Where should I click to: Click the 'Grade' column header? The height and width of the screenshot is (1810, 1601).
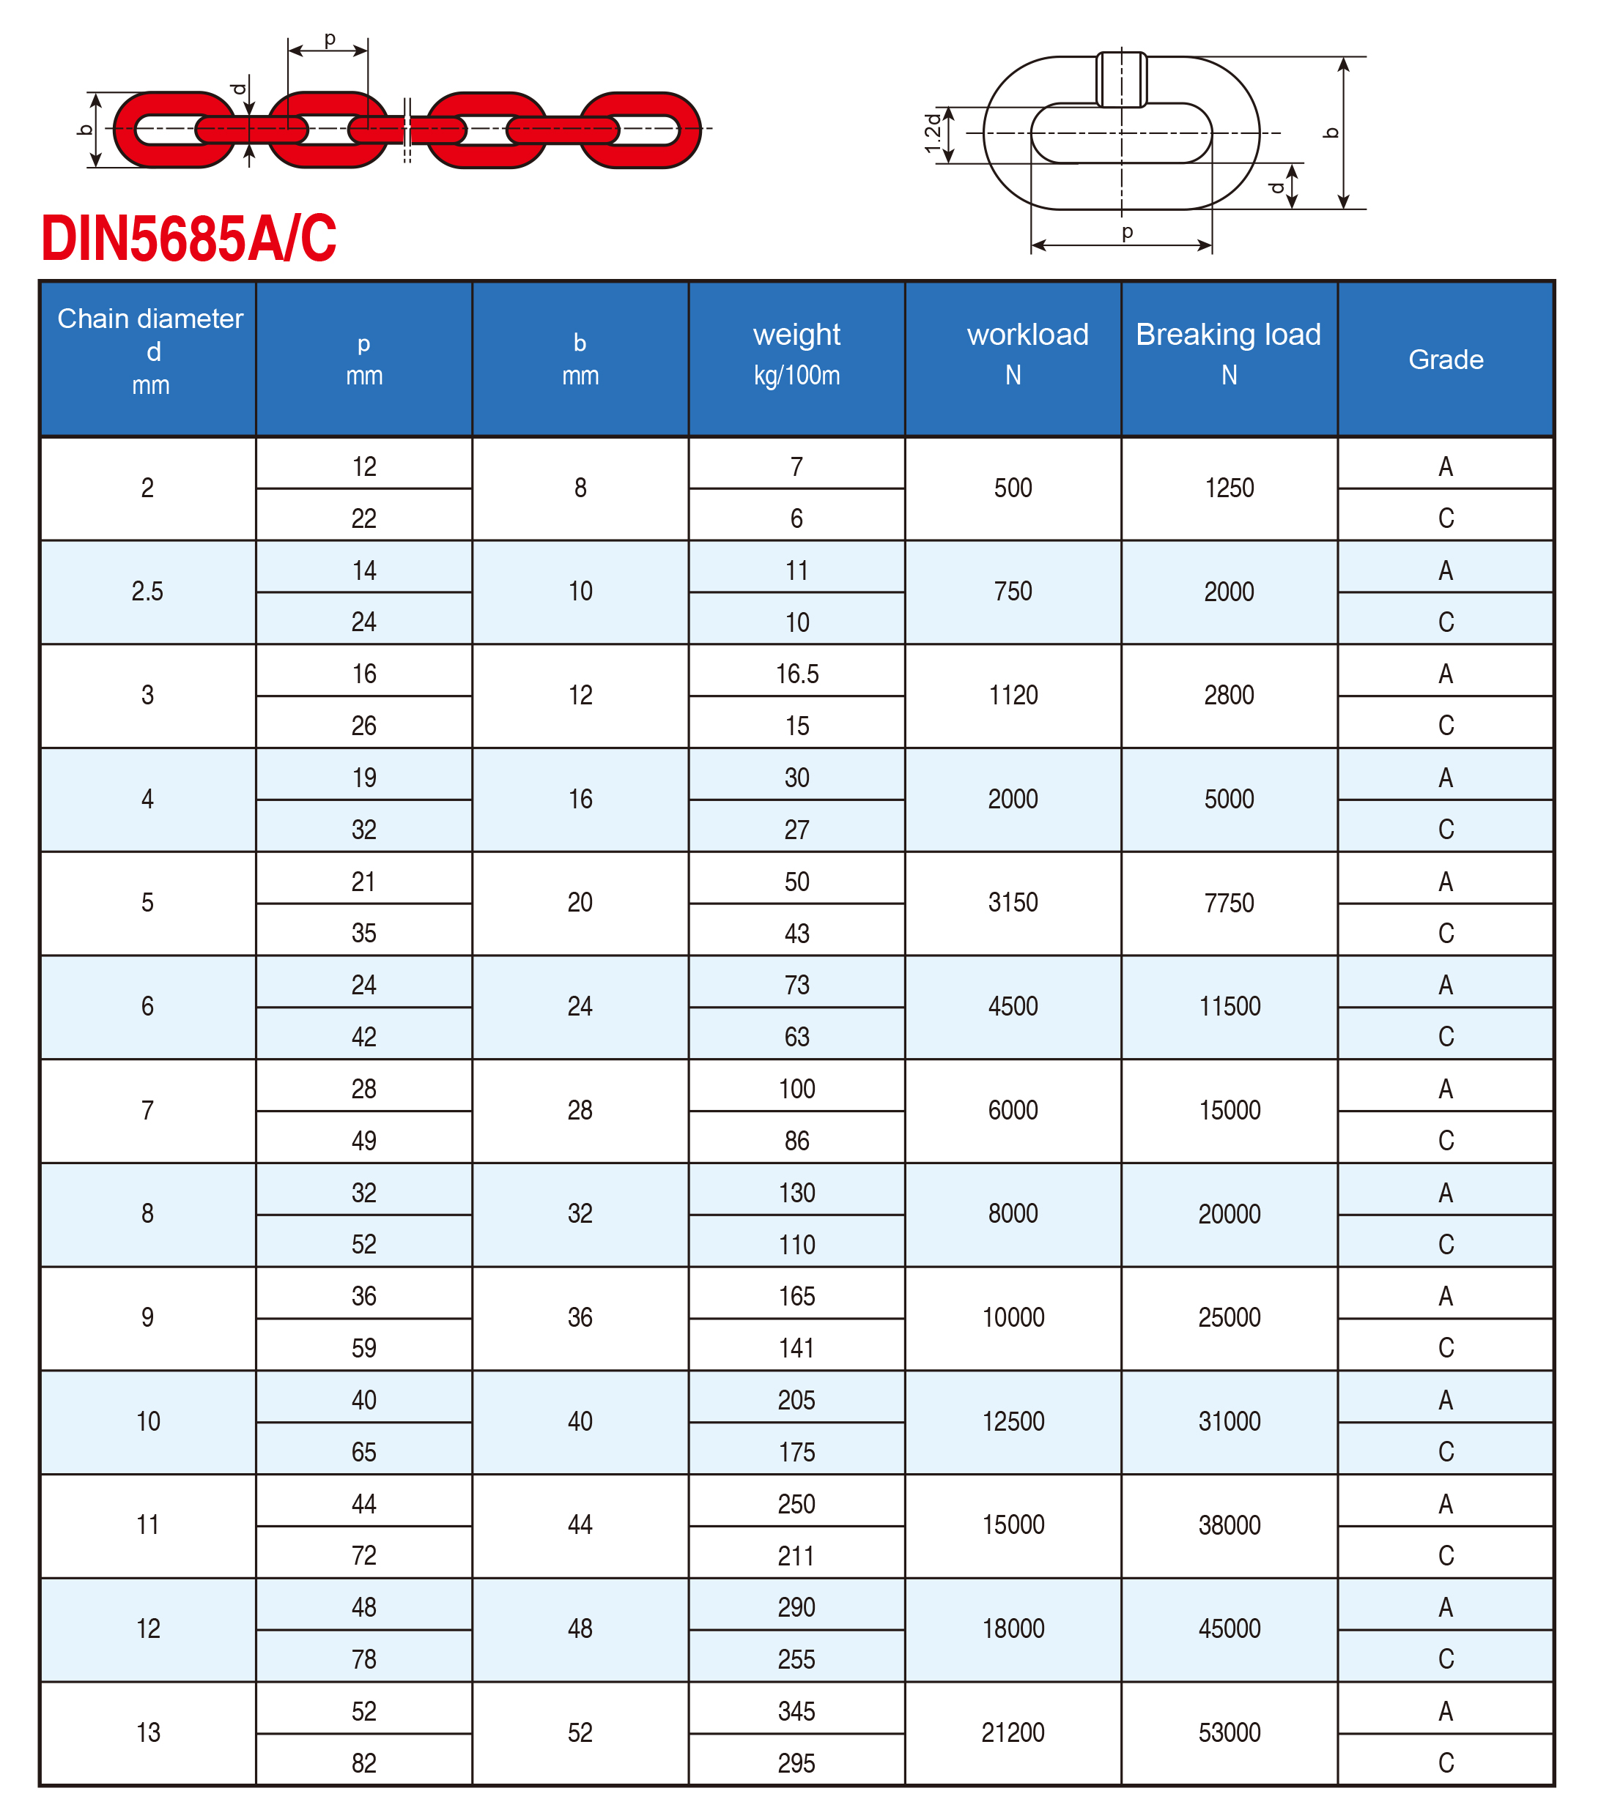click(1445, 360)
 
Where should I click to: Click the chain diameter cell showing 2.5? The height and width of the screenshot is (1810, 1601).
click(147, 592)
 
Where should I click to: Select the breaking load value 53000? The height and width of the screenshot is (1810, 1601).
click(1229, 1732)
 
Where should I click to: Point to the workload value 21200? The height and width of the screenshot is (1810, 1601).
click(1013, 1732)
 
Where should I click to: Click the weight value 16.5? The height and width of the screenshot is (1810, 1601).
click(796, 674)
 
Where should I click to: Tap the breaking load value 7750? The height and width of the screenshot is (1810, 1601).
click(1229, 902)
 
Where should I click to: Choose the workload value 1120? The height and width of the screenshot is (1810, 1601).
click(1013, 695)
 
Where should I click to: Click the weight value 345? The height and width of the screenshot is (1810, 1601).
click(796, 1711)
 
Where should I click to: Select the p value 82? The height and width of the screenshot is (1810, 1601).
click(363, 1762)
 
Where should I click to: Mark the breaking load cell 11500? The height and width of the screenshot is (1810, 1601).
click(1229, 1006)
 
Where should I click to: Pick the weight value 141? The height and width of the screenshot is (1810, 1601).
click(796, 1348)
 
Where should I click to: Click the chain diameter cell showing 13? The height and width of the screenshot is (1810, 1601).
click(147, 1732)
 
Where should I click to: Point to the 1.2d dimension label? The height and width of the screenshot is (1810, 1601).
click(933, 133)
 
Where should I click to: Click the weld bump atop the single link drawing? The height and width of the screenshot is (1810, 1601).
click(1122, 79)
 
